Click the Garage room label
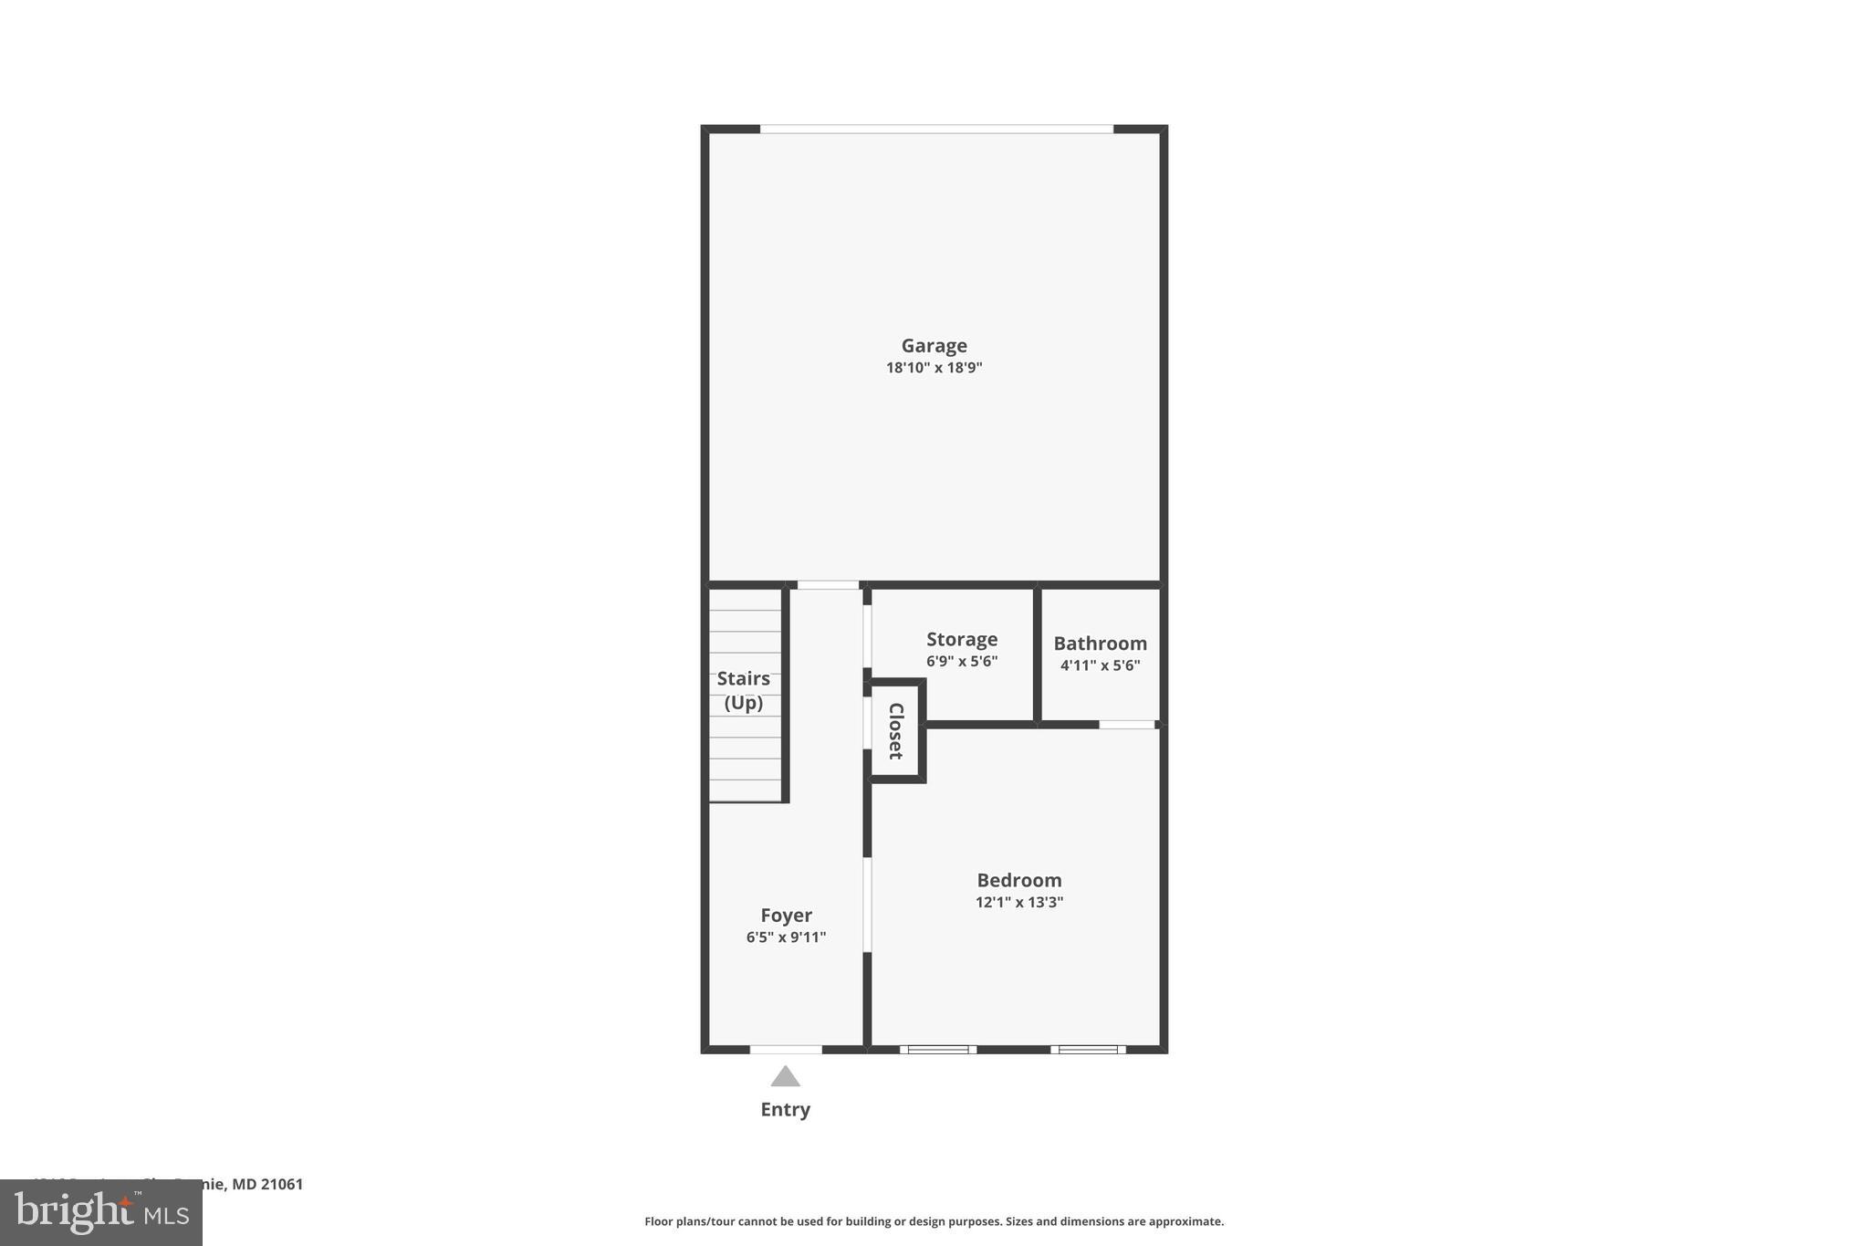[x=934, y=346]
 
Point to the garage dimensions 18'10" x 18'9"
[x=934, y=368]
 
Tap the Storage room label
[x=962, y=639]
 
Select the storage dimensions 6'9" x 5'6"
[x=962, y=661]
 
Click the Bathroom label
[x=1100, y=644]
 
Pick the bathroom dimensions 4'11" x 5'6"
[x=1100, y=665]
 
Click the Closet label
[x=895, y=730]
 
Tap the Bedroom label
[x=1019, y=880]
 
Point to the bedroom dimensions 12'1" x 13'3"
[x=1019, y=903]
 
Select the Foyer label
[x=786, y=916]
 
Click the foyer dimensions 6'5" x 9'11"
[x=786, y=937]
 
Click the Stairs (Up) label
[x=744, y=690]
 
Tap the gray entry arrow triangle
[x=785, y=1078]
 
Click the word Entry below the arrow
[x=785, y=1109]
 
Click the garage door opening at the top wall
[x=936, y=130]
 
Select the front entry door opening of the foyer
[x=786, y=1050]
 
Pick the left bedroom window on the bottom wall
[x=938, y=1050]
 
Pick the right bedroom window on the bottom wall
[x=1088, y=1050]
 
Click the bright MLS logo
[x=101, y=1212]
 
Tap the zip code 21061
[x=282, y=1184]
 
